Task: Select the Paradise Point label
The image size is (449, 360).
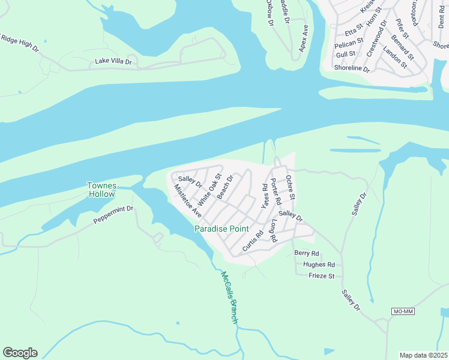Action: click(218, 229)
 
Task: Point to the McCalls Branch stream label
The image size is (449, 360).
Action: click(229, 298)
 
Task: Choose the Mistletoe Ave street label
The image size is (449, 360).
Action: click(188, 200)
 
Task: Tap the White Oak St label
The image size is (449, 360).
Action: click(210, 191)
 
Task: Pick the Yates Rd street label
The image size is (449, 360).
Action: click(264, 196)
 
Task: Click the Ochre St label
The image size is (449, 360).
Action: click(291, 188)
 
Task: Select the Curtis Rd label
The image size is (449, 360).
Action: click(253, 241)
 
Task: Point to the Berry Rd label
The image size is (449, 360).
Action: click(306, 253)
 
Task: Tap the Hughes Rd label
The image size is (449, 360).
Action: click(319, 265)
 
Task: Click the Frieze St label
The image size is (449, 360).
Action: click(321, 276)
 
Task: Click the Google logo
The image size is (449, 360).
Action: click(20, 353)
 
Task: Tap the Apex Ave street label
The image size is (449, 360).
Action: click(304, 38)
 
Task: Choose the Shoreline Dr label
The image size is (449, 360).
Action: click(352, 68)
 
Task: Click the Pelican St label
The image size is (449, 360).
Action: click(350, 43)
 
